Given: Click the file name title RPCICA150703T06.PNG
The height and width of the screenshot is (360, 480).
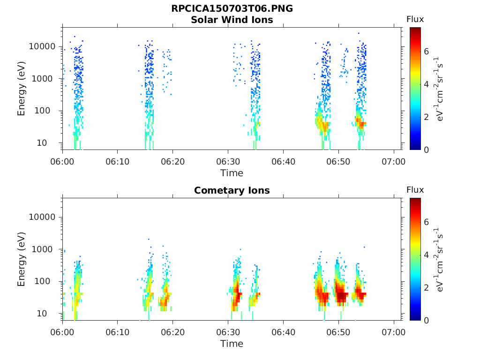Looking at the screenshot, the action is [x=232, y=8].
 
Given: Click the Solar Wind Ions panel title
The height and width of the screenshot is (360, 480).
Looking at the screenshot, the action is [x=232, y=20].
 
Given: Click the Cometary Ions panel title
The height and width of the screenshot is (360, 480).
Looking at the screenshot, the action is [x=232, y=190].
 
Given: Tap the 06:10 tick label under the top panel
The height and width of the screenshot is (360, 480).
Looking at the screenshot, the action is [x=118, y=162].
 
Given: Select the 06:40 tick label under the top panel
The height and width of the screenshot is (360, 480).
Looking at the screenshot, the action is [x=284, y=162].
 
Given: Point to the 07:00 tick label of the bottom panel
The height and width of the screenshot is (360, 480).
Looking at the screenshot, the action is [x=394, y=332].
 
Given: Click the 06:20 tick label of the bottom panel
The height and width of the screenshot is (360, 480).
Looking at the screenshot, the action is [x=173, y=332].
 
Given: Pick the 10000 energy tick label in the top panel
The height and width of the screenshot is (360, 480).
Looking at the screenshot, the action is [x=42, y=46].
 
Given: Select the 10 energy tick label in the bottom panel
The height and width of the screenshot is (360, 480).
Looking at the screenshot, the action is [x=42, y=314].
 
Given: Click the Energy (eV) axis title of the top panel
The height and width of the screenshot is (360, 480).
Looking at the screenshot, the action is [x=21, y=89].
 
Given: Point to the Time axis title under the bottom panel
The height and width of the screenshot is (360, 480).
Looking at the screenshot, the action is [x=232, y=344].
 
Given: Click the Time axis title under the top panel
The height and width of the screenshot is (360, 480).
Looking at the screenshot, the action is [x=232, y=173].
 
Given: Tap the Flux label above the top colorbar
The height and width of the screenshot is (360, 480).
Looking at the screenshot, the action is [x=415, y=20].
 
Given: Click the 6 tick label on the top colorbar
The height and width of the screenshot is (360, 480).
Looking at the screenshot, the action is [x=427, y=52].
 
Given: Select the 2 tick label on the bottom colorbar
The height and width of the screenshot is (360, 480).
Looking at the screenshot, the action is [x=427, y=288].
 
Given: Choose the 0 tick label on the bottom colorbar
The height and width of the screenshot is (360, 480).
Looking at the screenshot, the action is [x=427, y=321].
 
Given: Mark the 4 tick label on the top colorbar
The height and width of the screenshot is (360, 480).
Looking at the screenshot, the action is [x=427, y=84].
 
